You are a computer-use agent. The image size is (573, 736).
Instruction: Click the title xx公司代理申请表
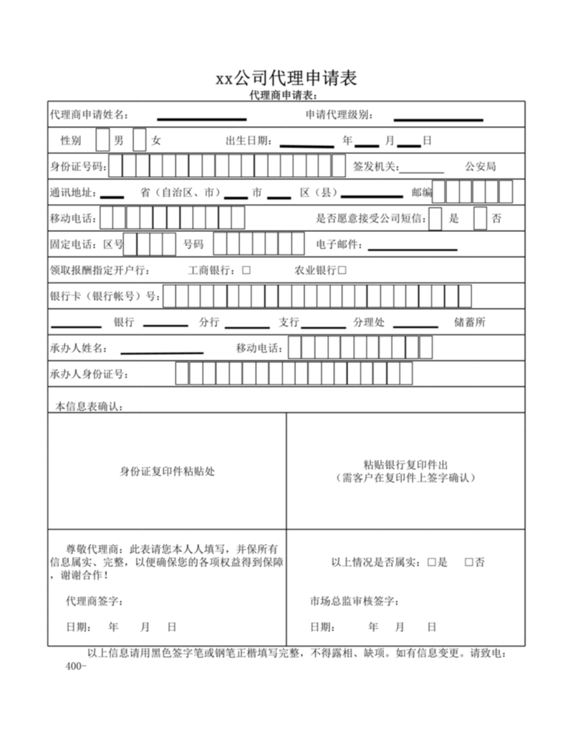(x=286, y=77)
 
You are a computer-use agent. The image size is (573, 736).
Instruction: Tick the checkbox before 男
(x=102, y=140)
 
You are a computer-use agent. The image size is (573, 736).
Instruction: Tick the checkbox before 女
(x=140, y=140)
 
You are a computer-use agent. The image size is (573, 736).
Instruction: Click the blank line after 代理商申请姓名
(x=201, y=118)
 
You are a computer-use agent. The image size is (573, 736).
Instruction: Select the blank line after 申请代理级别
(x=438, y=118)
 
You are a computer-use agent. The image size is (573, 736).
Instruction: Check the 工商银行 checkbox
(x=246, y=271)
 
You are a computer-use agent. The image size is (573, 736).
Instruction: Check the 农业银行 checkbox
(x=342, y=271)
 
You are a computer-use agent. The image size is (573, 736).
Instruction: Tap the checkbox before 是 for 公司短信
(x=435, y=218)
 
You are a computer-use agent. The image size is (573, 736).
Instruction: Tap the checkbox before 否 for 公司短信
(x=480, y=218)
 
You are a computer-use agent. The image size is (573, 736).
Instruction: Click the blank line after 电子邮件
(x=412, y=248)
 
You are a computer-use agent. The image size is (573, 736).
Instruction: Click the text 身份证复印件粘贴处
(x=167, y=471)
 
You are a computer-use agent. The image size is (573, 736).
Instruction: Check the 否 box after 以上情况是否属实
(x=469, y=563)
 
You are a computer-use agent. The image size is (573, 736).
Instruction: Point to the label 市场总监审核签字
(x=355, y=601)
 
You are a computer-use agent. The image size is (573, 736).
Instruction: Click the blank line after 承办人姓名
(x=162, y=352)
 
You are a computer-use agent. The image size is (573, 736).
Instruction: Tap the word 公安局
(x=480, y=167)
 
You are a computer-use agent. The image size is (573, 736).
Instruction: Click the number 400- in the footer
(x=75, y=666)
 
